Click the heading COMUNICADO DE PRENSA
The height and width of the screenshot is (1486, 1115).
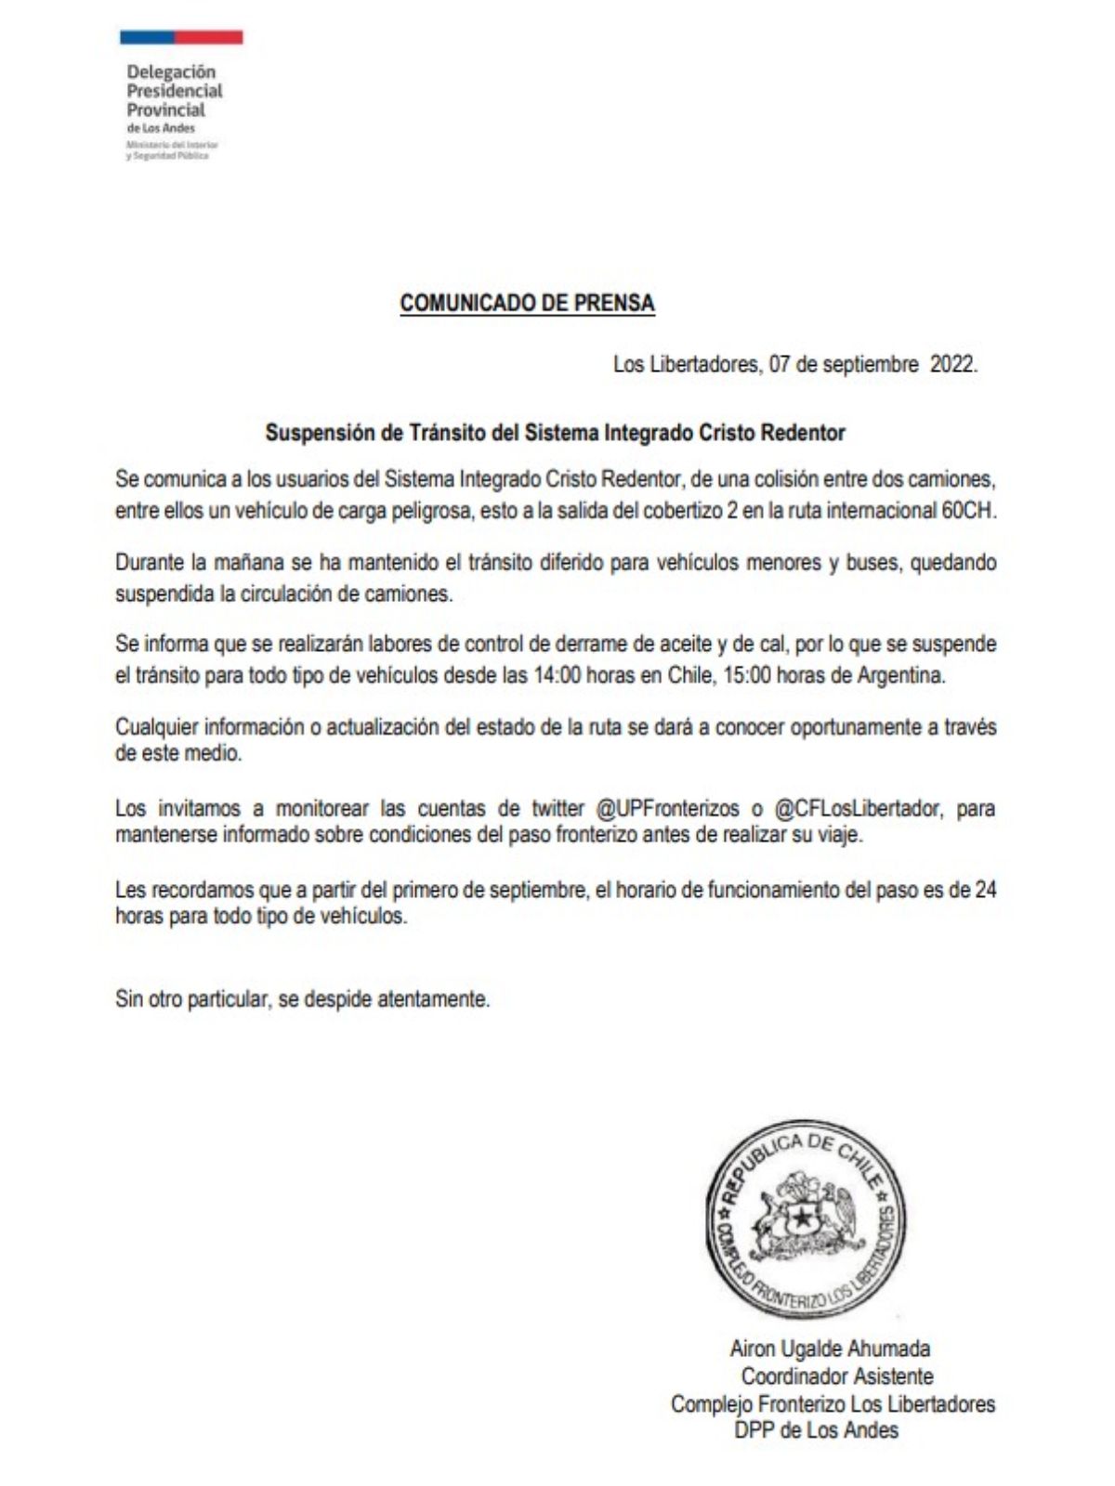[527, 304]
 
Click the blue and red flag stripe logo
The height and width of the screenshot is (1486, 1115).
[181, 38]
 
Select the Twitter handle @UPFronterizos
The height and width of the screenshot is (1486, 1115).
[667, 809]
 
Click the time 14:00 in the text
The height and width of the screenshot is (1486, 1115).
[557, 675]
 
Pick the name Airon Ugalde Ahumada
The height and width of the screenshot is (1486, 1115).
[830, 1349]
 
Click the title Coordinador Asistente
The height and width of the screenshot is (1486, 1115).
[836, 1376]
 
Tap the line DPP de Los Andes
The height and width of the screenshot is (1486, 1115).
[816, 1431]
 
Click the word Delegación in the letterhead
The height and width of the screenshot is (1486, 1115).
[171, 72]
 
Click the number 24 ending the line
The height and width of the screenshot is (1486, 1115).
[985, 890]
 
